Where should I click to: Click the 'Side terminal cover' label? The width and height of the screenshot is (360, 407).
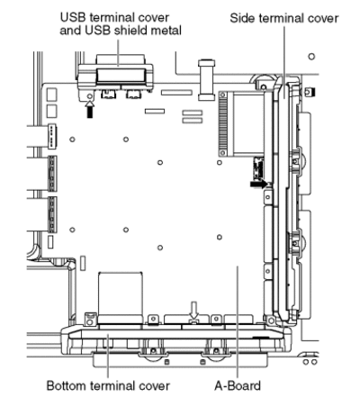[284, 18]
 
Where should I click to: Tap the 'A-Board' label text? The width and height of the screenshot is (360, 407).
[238, 385]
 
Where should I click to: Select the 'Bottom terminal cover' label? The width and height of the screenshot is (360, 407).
[108, 385]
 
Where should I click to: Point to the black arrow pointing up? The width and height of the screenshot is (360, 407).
[90, 109]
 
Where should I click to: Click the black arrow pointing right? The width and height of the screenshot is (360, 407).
[258, 184]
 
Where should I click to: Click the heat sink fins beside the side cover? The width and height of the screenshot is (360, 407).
[223, 123]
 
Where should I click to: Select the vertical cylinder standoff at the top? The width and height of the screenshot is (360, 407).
[207, 80]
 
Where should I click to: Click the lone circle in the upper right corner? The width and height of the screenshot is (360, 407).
[311, 56]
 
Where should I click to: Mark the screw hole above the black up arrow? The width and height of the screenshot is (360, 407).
[89, 96]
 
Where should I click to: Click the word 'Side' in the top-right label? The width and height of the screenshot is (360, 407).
[242, 18]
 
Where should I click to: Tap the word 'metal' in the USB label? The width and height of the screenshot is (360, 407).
[166, 31]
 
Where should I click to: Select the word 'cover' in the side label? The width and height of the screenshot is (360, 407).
[324, 19]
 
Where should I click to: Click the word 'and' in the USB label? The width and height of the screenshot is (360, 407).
[71, 31]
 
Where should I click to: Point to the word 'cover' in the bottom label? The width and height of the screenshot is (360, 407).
[155, 386]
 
